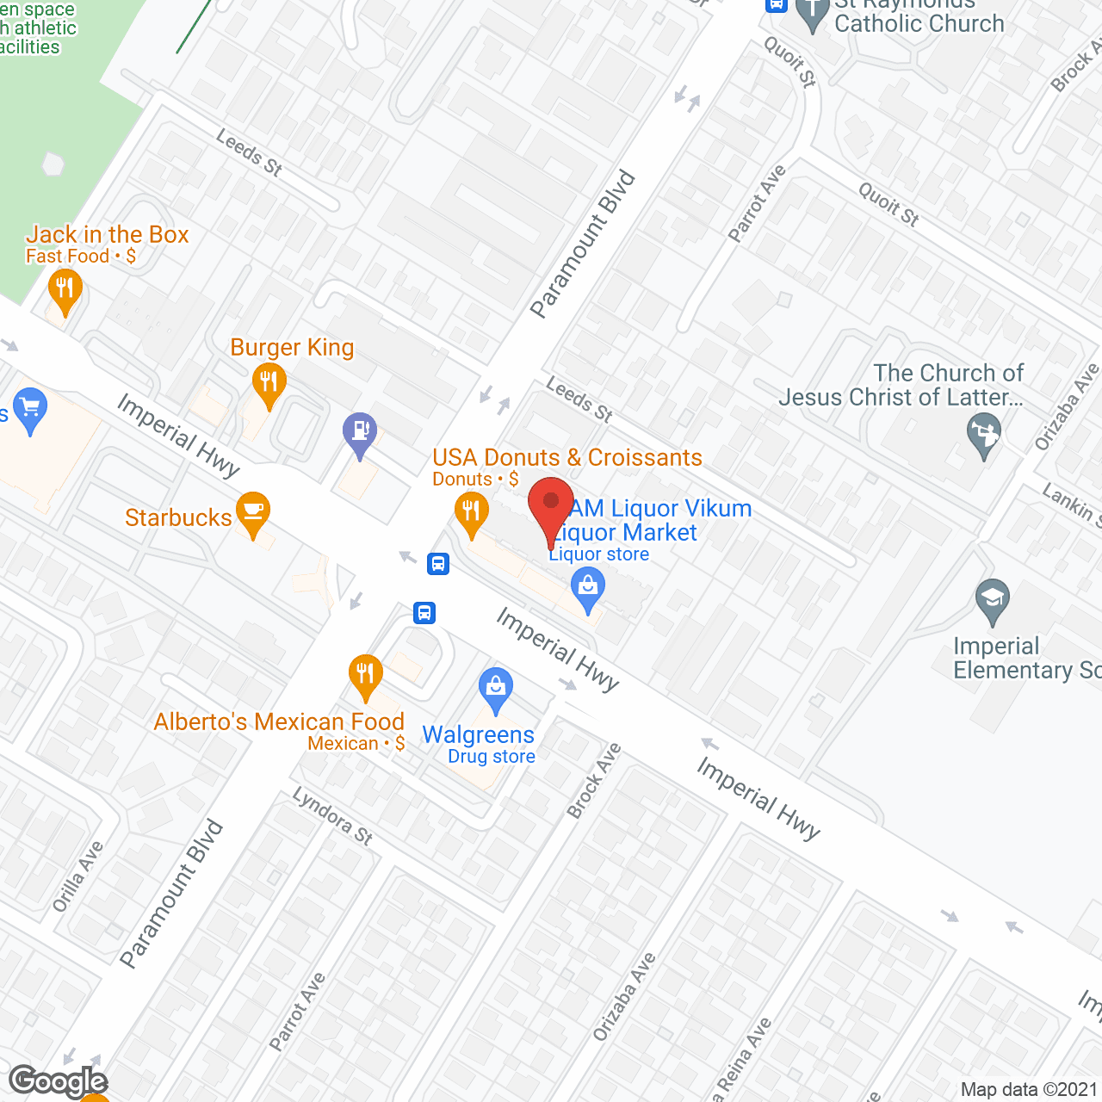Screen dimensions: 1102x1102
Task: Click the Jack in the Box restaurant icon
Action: tap(65, 288)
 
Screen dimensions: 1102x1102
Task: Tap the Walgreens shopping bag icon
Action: tap(495, 689)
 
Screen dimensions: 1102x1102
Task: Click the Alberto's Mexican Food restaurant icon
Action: tap(366, 675)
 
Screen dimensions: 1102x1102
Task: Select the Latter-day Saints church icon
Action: tap(984, 433)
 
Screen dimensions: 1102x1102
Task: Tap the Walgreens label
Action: tap(478, 734)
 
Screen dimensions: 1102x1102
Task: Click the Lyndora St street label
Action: tap(332, 815)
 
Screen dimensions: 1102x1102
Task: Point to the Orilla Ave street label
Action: tap(77, 876)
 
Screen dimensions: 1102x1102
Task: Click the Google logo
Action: tap(59, 1081)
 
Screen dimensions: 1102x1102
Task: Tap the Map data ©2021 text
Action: tap(1029, 1089)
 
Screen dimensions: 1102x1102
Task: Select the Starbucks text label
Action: tap(178, 517)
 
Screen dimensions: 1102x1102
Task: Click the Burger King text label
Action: tap(292, 347)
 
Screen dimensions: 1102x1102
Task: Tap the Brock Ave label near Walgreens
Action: tap(594, 781)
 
